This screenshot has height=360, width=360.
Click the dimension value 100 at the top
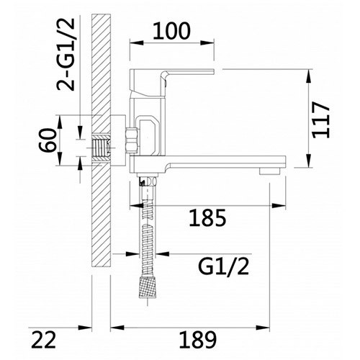(x=173, y=32)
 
